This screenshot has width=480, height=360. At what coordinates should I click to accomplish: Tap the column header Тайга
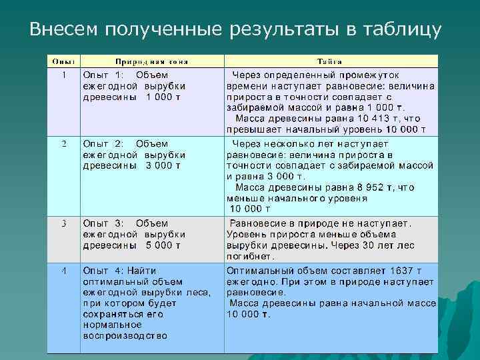(331, 61)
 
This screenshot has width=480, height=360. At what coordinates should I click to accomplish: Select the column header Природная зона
(152, 61)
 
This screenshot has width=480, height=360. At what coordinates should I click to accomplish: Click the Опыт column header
(63, 61)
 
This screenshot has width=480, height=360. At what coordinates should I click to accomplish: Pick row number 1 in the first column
(63, 75)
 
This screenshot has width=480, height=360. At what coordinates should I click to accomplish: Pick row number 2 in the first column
(63, 143)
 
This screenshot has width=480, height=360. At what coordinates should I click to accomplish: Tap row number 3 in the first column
(63, 223)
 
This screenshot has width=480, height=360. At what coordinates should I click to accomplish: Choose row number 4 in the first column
(63, 271)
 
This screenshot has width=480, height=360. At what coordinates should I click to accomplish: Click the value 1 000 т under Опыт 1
(163, 97)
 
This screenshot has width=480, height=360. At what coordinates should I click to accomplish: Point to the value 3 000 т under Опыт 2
(163, 166)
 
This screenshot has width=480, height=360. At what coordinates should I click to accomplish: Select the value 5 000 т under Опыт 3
(163, 245)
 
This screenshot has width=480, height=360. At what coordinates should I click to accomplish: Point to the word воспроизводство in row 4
(125, 335)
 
